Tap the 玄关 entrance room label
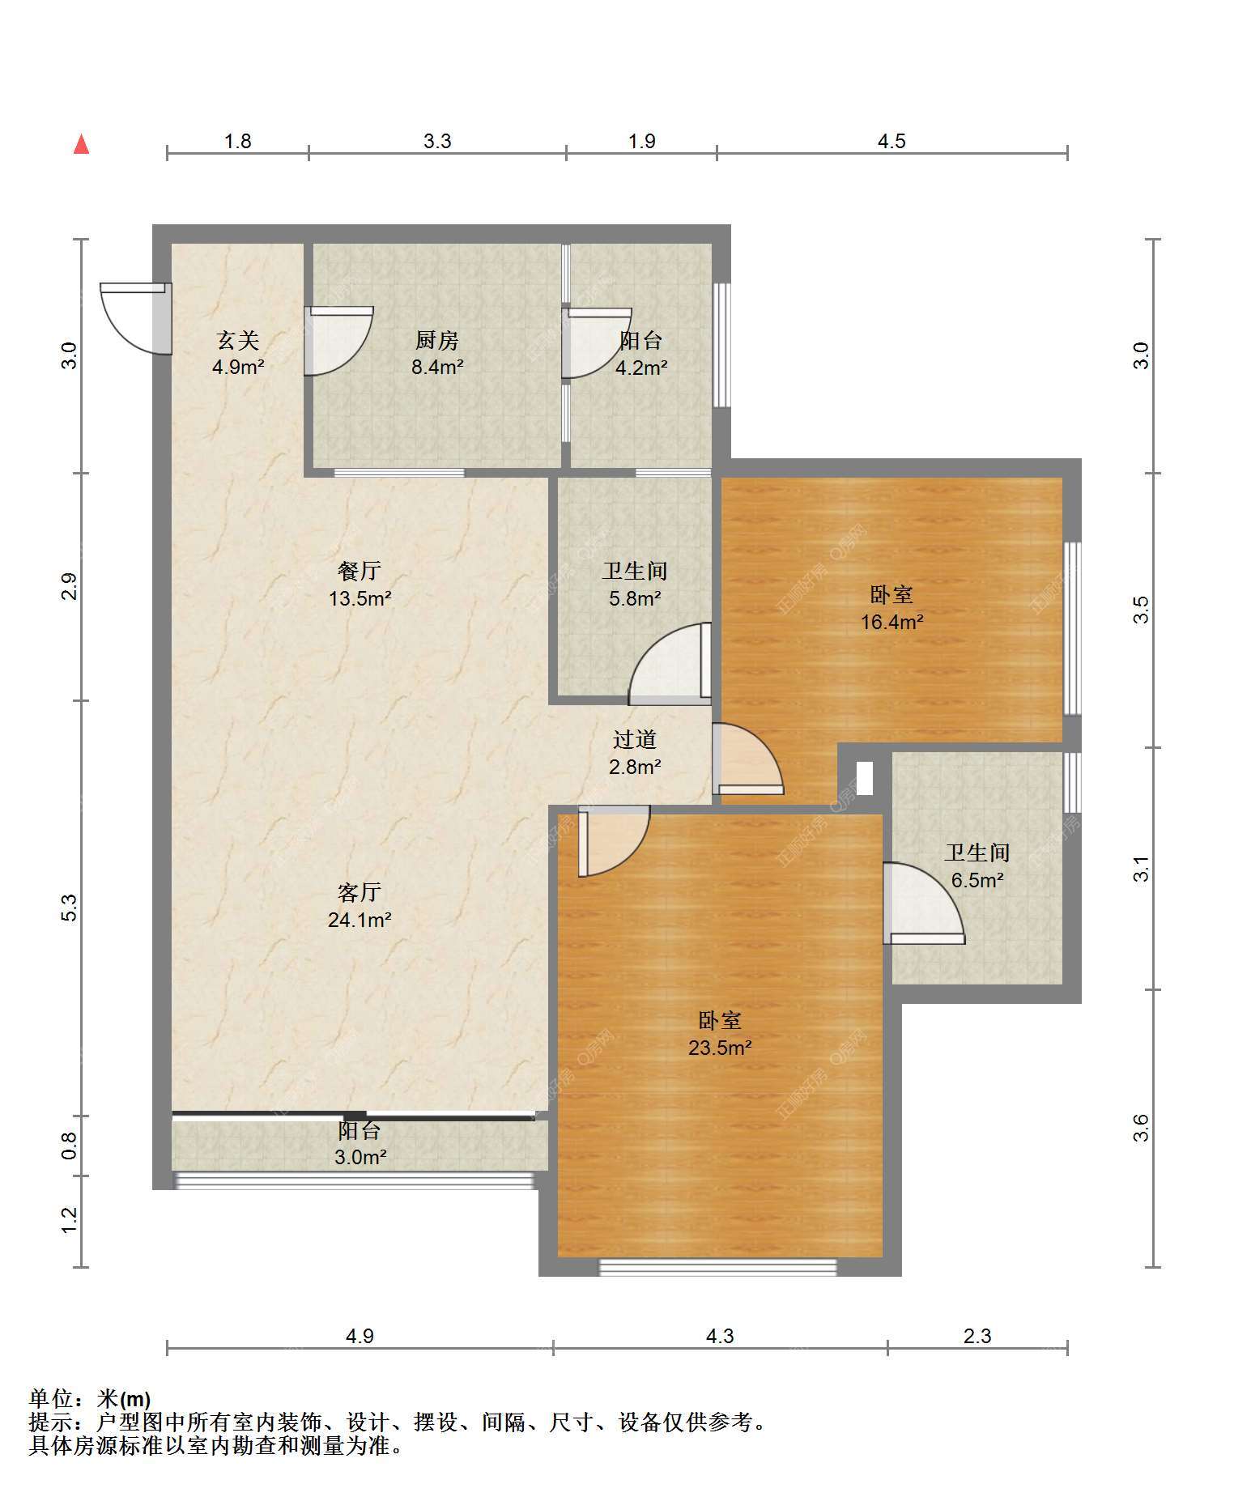(238, 340)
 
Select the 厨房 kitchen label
(437, 340)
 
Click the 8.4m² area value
(437, 367)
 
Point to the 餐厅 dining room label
(360, 571)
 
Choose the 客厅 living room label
(360, 892)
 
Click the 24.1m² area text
(360, 920)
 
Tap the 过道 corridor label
(635, 739)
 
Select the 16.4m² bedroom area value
(892, 622)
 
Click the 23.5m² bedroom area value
(720, 1048)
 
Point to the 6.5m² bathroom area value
(977, 879)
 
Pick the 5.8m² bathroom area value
(635, 598)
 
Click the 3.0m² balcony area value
(360, 1158)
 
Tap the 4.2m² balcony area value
(641, 368)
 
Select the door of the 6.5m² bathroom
(923, 903)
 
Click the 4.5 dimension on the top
(891, 142)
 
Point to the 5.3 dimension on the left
(70, 908)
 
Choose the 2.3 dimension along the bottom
(977, 1336)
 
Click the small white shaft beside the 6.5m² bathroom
(865, 778)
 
